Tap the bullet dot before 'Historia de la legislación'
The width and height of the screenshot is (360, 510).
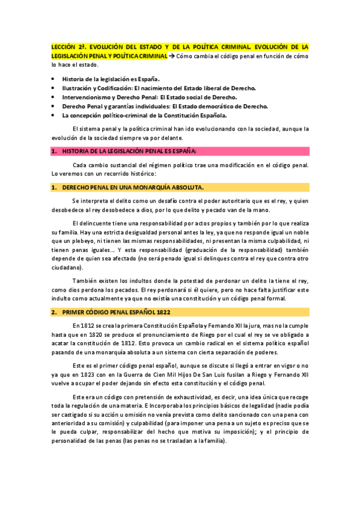coord(54,79)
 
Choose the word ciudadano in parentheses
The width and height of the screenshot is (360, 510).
coord(67,267)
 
